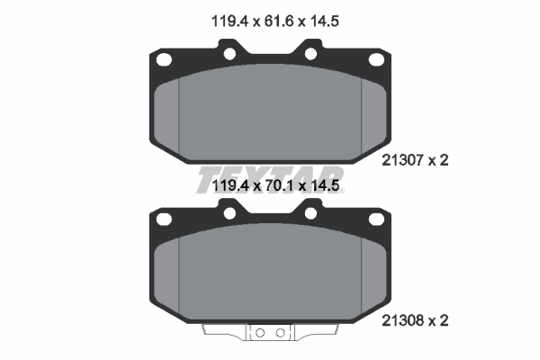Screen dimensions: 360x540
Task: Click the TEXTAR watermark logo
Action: (x=270, y=178)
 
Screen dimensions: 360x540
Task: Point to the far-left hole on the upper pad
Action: (x=165, y=62)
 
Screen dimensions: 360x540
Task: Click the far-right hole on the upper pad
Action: (x=376, y=62)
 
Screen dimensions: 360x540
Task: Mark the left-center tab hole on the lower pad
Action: (x=229, y=213)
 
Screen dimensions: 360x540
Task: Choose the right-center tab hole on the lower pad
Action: (x=311, y=213)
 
